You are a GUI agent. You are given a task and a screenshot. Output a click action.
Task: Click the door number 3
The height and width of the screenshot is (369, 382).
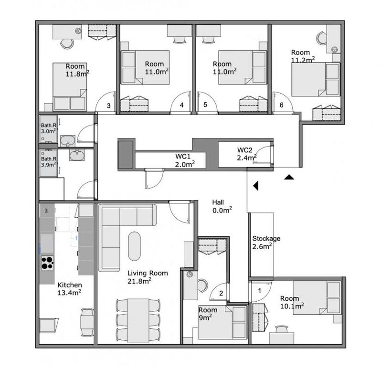pos(109,106)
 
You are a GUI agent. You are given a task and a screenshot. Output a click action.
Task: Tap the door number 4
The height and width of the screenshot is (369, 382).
pos(181,106)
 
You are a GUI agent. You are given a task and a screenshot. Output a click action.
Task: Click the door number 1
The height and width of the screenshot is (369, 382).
pos(260,289)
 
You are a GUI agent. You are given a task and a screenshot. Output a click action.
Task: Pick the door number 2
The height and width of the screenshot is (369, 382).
pos(221,293)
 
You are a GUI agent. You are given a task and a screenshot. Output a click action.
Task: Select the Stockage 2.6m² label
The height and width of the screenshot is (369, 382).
pos(266,242)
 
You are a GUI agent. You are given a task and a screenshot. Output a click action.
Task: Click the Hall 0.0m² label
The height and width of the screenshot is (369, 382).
pos(222,206)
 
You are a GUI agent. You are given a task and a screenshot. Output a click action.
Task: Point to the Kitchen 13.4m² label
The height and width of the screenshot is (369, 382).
pos(69,289)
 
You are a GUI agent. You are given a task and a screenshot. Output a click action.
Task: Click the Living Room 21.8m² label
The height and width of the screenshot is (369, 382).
pos(148,277)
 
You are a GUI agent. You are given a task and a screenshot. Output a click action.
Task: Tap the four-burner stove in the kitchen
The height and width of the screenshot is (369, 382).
pos(47,263)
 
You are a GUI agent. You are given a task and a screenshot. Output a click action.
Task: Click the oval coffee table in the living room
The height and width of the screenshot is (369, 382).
pos(135,246)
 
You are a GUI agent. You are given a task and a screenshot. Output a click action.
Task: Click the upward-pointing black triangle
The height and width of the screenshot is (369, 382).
pos(288,178)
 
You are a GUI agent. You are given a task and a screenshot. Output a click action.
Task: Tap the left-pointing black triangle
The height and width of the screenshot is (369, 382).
pos(256,185)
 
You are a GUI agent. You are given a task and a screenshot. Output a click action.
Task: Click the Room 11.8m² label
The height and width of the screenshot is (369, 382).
pos(76,70)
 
